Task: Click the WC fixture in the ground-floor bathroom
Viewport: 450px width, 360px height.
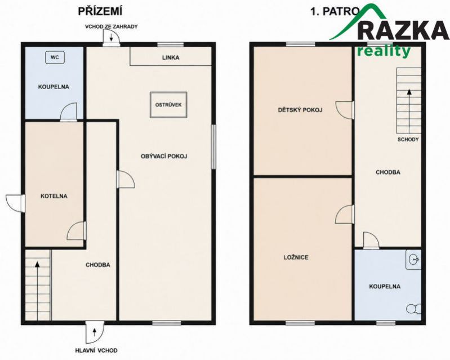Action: tap(55, 57)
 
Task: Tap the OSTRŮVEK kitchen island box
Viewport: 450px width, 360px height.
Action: tap(168, 105)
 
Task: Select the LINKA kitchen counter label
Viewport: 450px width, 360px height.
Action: tap(171, 57)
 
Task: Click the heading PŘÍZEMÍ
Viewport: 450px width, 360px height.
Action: tap(100, 11)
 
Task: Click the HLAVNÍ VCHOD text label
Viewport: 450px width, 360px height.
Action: tap(96, 350)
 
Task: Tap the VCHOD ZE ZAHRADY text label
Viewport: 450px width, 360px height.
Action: tap(112, 26)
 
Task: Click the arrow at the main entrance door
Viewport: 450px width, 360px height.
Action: tap(95, 332)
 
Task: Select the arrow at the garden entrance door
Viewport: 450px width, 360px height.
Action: tap(112, 37)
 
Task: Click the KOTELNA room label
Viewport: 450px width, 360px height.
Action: tap(54, 196)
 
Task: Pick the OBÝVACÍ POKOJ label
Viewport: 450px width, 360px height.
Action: tap(164, 157)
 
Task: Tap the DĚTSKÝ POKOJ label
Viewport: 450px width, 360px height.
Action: tap(300, 110)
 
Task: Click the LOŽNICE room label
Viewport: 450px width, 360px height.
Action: tap(296, 257)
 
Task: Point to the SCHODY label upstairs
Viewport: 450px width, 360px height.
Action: tap(408, 140)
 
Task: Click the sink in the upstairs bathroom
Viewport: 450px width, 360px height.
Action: tap(413, 260)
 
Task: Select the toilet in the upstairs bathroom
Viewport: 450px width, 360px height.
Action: tap(413, 309)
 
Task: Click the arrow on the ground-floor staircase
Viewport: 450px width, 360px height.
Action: tap(37, 290)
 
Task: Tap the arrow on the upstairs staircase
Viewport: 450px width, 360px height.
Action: tap(409, 111)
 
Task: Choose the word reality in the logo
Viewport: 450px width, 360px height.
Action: tap(384, 52)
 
